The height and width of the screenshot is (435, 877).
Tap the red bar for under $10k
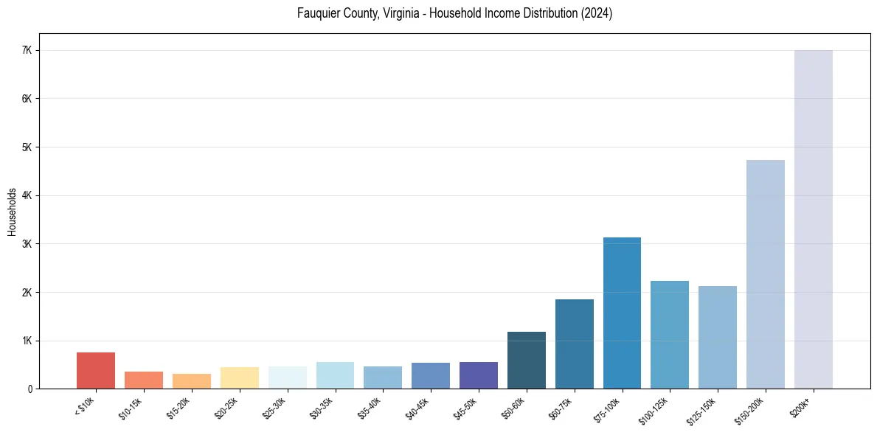coord(96,371)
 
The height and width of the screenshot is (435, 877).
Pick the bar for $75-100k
coord(622,313)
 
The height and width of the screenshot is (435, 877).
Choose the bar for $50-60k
coord(526,361)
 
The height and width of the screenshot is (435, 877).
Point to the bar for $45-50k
coord(478,375)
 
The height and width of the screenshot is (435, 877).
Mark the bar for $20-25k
coord(239,377)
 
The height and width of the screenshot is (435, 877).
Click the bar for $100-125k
coord(670,335)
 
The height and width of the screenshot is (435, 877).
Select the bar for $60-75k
coord(574,344)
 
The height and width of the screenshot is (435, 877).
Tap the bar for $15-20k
coord(191,381)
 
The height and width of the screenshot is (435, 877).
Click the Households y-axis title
coord(12,211)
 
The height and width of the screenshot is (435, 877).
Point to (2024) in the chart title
coord(596,13)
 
